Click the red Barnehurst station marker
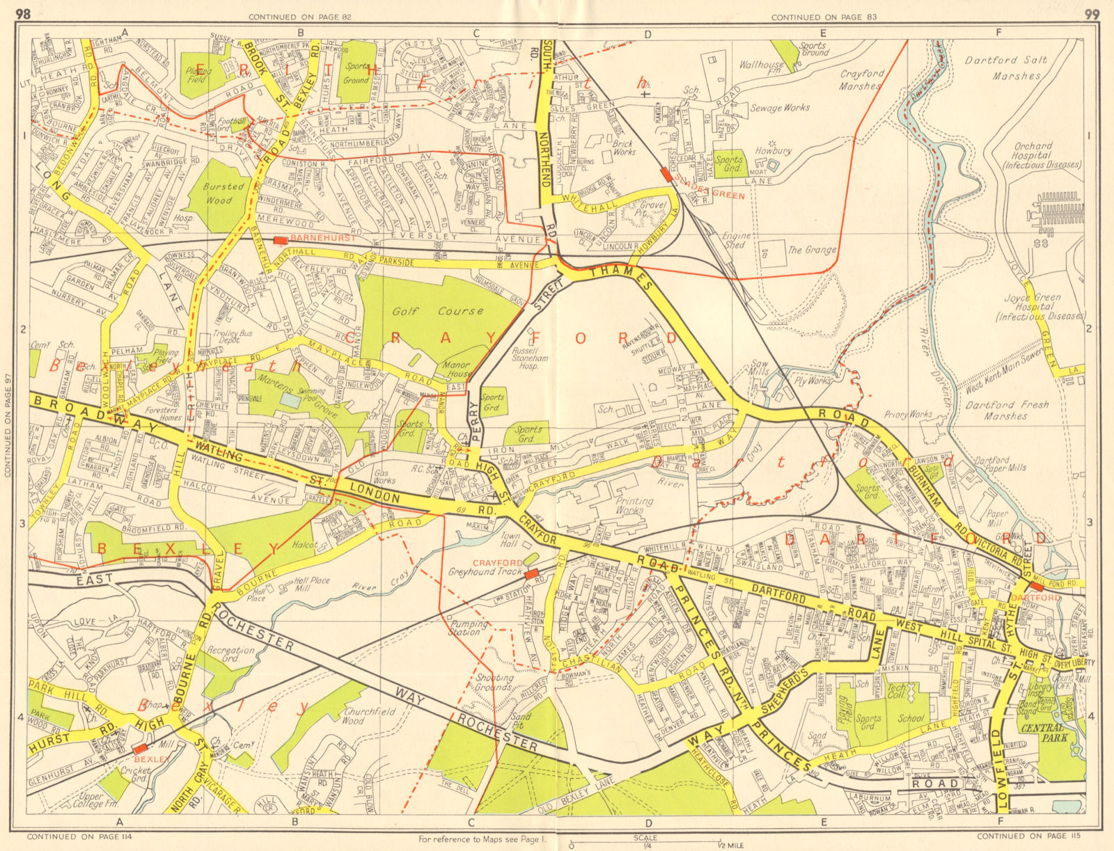click(280, 240)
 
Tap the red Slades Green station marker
click(667, 176)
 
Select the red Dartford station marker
click(1036, 587)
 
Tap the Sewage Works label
click(780, 108)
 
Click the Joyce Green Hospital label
click(1040, 307)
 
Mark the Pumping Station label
click(465, 628)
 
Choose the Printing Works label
click(635, 505)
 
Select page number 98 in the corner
click(23, 13)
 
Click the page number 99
click(1091, 13)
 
